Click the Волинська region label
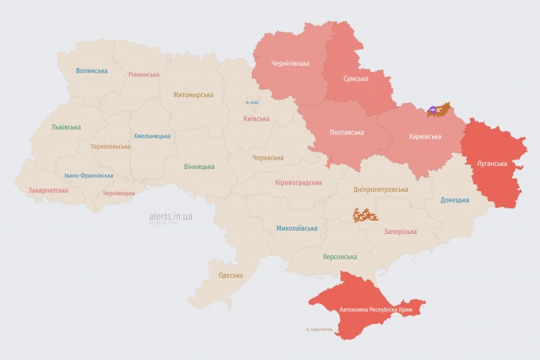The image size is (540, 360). pyautogui.click(x=92, y=71)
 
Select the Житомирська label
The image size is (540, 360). pyautogui.click(x=193, y=95)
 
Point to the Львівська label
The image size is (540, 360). pyautogui.click(x=65, y=127)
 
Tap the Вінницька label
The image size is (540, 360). pyautogui.click(x=199, y=167)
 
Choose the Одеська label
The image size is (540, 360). pyautogui.click(x=230, y=275)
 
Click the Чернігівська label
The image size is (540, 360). pyautogui.click(x=290, y=63)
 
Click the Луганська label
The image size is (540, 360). pyautogui.click(x=491, y=164)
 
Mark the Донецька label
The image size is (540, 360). pyautogui.click(x=455, y=200)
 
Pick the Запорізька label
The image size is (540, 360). pyautogui.click(x=400, y=232)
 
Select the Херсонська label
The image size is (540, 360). pyautogui.click(x=340, y=257)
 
